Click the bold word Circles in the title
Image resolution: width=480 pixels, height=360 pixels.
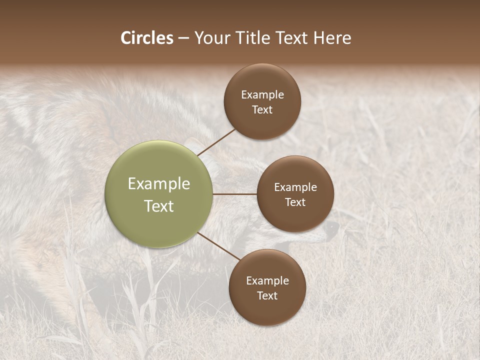pos(147,38)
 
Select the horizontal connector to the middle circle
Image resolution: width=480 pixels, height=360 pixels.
pos(235,194)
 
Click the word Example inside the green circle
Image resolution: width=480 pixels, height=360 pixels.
pos(159,184)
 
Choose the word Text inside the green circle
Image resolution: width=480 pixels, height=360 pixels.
pos(159,206)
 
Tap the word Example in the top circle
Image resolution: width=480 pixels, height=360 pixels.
pos(262,95)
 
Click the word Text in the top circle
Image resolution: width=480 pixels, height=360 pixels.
pos(262,109)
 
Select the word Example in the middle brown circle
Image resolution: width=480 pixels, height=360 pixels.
pos(295,187)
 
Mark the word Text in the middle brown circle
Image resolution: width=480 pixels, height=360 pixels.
pos(295,202)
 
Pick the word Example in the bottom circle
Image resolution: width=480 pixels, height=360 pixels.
pos(267,281)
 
